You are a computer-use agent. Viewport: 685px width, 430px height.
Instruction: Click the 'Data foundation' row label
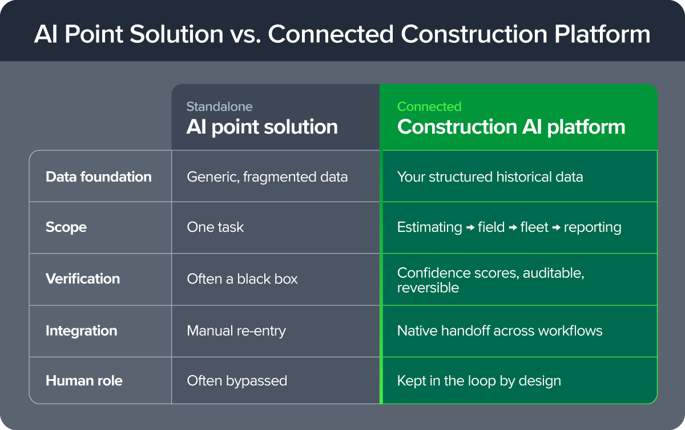pyautogui.click(x=98, y=177)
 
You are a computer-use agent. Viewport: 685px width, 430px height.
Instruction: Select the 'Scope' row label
pyautogui.click(x=66, y=227)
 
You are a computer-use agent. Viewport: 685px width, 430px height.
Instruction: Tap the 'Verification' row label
pyautogui.click(x=83, y=279)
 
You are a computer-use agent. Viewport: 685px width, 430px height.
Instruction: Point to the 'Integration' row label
pyautogui.click(x=81, y=331)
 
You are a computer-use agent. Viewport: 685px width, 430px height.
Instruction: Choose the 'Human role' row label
pyautogui.click(x=84, y=381)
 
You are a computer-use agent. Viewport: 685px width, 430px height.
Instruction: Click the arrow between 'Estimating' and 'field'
pyautogui.click(x=470, y=227)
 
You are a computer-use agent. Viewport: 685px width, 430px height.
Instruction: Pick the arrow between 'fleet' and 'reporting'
pyautogui.click(x=556, y=227)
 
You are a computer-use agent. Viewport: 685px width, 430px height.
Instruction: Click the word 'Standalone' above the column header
pyautogui.click(x=220, y=107)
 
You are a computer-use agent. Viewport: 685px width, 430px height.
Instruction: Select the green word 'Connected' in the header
pyautogui.click(x=429, y=107)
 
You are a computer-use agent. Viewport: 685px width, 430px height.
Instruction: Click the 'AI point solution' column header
pyautogui.click(x=262, y=127)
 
